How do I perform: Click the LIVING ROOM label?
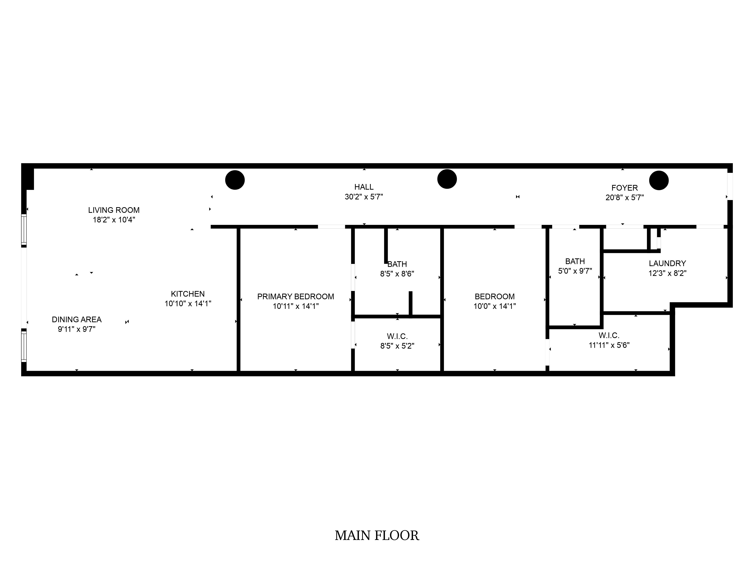[114, 210]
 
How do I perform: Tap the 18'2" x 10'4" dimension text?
[114, 220]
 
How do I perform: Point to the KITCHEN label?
[188, 294]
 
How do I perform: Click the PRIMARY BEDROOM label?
[296, 297]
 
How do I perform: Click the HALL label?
[364, 187]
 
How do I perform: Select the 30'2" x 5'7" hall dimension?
[364, 197]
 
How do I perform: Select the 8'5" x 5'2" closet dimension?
[397, 346]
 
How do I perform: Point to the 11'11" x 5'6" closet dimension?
[609, 345]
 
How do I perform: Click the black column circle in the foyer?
[659, 180]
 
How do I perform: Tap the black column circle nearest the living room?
[235, 180]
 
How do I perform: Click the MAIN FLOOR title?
[377, 536]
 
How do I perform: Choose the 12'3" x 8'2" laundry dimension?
[667, 273]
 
